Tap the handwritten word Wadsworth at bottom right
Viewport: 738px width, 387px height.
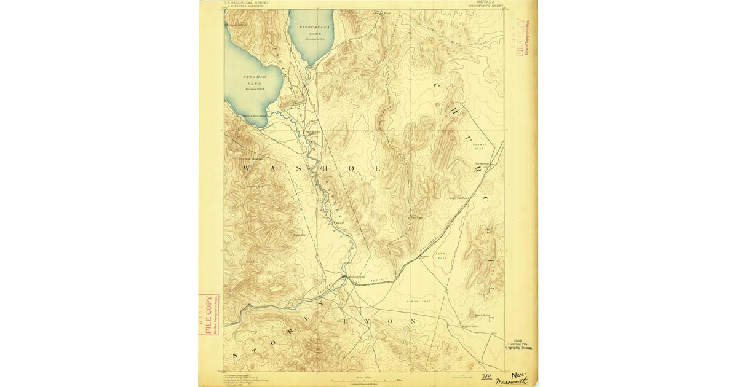(x=513, y=381)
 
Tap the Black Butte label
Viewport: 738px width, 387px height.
(x=472, y=313)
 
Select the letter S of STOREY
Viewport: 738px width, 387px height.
(x=236, y=356)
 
